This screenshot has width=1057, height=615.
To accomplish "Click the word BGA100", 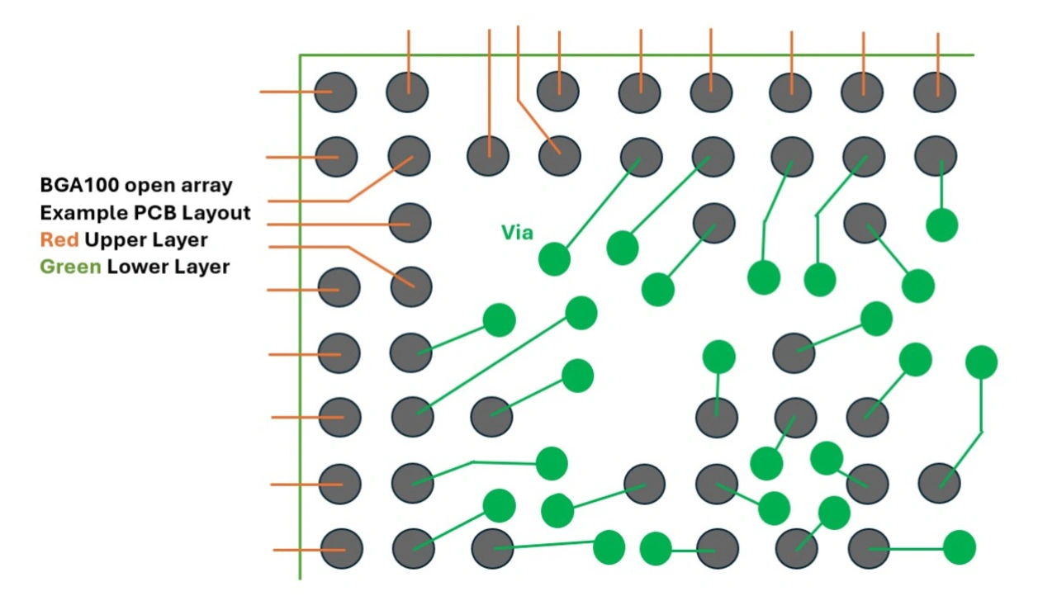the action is click(80, 185).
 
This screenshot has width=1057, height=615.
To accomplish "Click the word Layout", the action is click(216, 214).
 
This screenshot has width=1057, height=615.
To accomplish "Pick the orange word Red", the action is click(59, 240).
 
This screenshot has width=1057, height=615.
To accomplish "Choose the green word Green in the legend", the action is click(70, 267).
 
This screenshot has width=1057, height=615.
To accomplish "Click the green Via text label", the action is click(517, 233).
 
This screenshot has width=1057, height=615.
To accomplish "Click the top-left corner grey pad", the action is click(335, 92).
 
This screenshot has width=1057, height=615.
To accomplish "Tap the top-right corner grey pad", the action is click(935, 92).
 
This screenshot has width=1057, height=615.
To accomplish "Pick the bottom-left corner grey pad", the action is click(342, 548).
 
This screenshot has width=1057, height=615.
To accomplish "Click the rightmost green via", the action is click(982, 362).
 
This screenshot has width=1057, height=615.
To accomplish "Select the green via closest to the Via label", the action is click(554, 259).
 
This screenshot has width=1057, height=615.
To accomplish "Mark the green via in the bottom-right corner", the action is click(960, 547).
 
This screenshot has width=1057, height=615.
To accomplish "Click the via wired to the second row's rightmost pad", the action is click(942, 225).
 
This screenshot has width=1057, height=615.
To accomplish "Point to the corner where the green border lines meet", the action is click(300, 55).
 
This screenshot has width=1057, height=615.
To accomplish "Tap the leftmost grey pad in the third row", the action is click(410, 223).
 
